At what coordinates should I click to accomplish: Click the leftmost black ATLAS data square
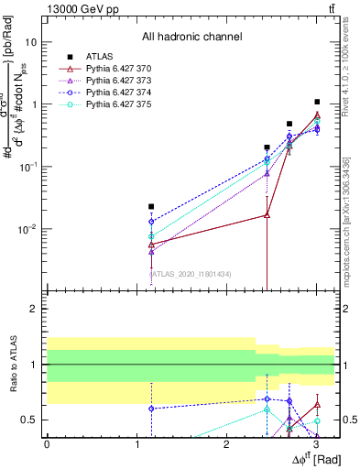151,207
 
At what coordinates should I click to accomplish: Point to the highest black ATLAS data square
317,102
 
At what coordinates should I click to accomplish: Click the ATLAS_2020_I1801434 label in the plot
191,273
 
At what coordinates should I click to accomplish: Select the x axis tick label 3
316,445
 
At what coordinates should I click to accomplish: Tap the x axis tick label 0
47,445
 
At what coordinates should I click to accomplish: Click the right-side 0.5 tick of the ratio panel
349,420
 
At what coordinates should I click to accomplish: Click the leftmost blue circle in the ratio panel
151,409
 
